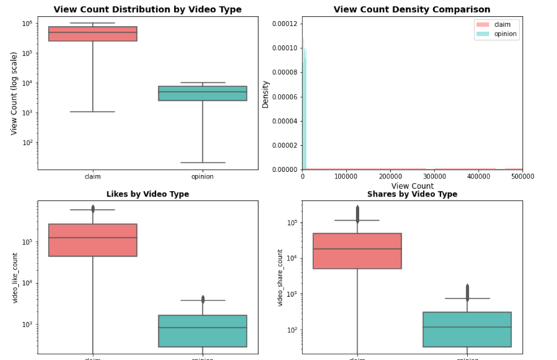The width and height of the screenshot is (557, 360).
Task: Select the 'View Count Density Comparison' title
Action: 411,9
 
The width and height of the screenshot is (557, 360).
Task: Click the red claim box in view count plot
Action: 92,33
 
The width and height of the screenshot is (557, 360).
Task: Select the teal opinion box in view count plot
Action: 202,93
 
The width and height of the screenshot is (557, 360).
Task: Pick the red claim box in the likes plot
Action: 92,240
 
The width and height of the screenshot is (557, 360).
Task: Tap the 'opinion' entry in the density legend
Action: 504,34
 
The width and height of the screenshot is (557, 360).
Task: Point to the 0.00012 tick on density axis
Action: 283,23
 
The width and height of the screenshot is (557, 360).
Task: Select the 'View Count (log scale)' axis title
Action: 14,92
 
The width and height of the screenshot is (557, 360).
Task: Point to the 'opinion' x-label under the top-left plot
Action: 202,176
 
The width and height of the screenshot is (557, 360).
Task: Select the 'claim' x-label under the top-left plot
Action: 92,176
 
